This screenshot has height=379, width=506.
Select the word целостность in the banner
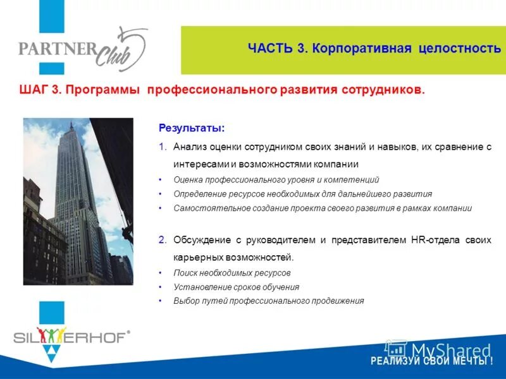point(460,49)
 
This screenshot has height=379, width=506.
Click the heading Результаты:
point(191,128)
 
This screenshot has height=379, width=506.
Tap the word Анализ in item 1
point(190,147)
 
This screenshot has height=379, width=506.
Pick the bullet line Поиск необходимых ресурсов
point(232,273)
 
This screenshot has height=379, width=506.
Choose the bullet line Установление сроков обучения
point(237,287)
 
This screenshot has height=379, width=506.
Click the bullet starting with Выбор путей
point(269,301)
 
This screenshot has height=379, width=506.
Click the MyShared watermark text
point(450,351)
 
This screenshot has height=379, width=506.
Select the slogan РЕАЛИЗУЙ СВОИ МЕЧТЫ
point(431,361)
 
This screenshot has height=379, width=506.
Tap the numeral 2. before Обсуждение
point(163,240)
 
